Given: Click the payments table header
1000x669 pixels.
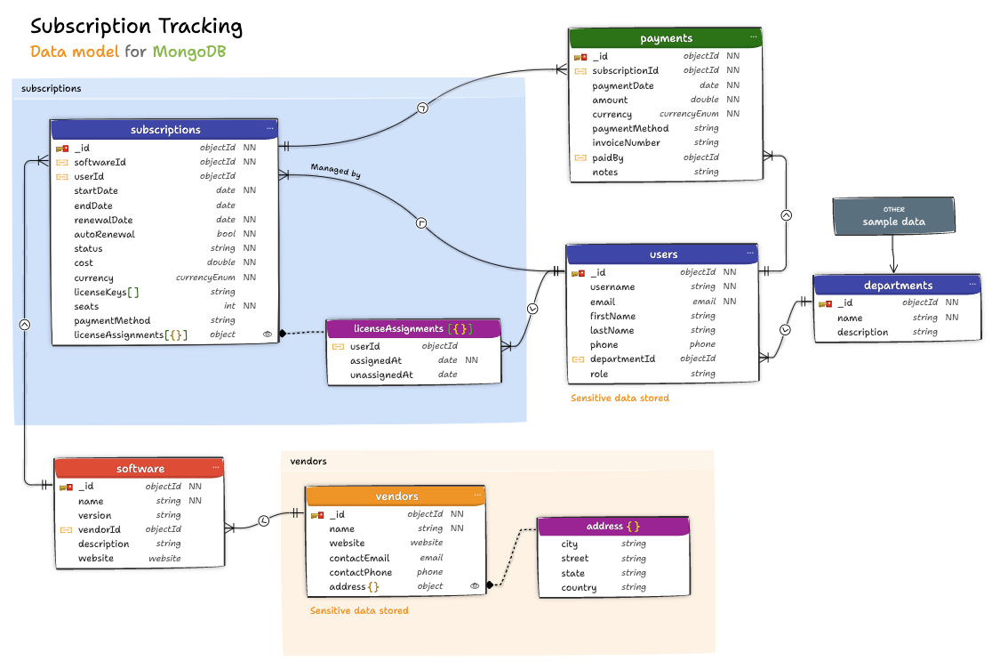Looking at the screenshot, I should tap(666, 38).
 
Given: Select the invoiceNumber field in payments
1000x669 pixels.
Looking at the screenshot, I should tap(626, 142).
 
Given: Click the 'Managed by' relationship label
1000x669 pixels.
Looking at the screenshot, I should tap(335, 171).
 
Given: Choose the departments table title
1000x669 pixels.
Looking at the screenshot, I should tap(898, 286).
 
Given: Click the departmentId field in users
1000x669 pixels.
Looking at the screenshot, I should tap(622, 359).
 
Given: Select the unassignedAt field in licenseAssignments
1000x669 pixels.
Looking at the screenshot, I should tap(381, 375).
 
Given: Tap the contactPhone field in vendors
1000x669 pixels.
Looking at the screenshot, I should tap(360, 572).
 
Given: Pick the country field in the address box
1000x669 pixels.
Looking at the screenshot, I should tap(579, 587).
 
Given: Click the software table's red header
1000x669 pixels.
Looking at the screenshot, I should tap(140, 469).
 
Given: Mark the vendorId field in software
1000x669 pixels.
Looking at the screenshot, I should tap(99, 529).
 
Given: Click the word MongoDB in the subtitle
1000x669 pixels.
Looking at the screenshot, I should tap(188, 52).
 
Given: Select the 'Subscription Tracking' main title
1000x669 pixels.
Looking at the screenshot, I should tap(136, 27).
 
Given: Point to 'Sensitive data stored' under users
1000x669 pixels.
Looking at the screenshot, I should tap(620, 398).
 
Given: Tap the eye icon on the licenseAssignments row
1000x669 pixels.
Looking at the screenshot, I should tap(268, 334).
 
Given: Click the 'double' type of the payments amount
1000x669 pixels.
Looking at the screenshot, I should tap(704, 100).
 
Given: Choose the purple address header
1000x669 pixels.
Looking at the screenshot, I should tap(612, 526).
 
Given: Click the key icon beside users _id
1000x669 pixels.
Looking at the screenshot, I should tap(577, 273).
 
